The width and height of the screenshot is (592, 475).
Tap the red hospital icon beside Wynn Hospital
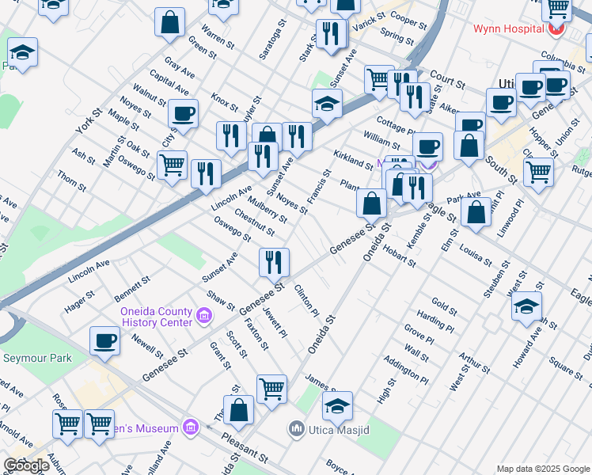[557, 29]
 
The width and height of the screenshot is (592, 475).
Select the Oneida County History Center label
[156, 317]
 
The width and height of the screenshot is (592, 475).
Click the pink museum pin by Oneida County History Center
[204, 317]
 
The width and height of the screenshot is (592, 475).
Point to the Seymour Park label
[37, 359]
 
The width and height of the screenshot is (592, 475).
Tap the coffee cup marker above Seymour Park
[104, 341]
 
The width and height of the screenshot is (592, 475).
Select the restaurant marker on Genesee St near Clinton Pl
[274, 261]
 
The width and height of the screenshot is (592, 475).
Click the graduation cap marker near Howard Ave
[527, 307]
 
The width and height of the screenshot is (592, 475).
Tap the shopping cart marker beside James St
[271, 389]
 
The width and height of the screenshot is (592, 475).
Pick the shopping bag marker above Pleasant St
[238, 410]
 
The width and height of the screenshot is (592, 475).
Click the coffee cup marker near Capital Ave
[184, 114]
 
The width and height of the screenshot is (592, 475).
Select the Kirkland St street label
[352, 159]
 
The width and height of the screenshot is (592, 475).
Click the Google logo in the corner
[27, 465]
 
